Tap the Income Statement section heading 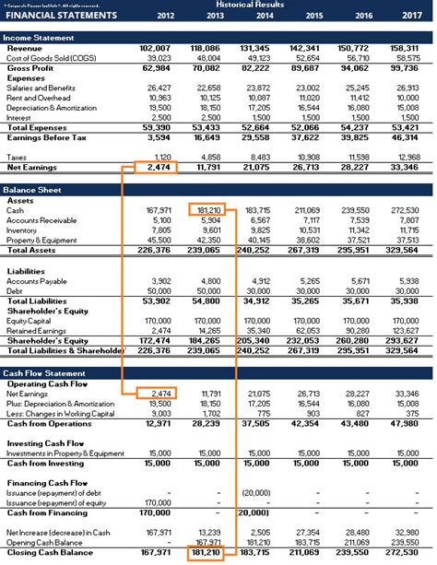point(39,36)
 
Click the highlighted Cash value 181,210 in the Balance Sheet point(209,209)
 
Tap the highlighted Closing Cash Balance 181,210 point(209,553)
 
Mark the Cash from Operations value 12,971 point(159,423)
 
